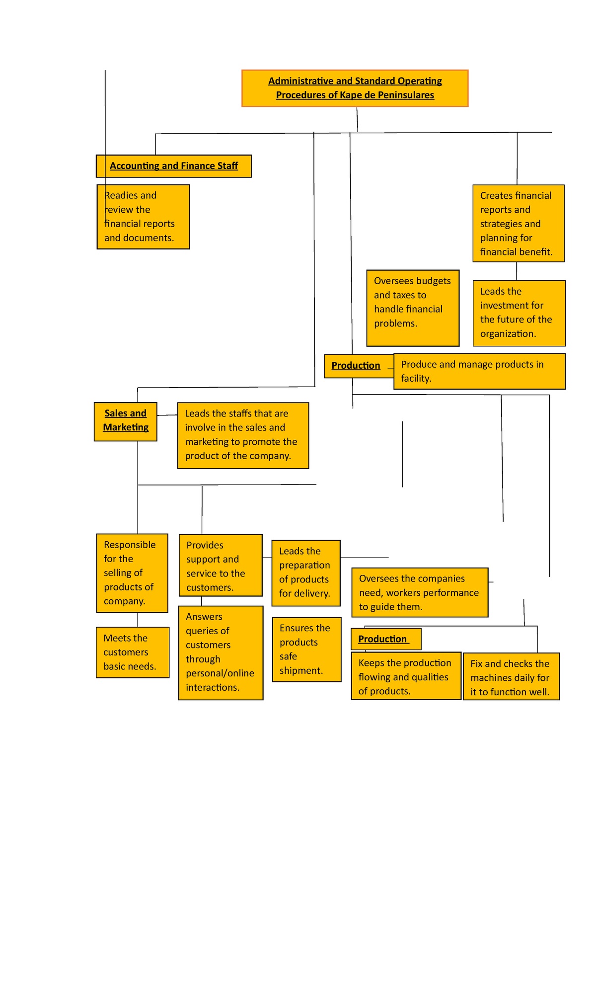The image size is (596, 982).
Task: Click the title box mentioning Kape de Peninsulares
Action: tap(355, 88)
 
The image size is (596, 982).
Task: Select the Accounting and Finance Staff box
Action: tap(174, 166)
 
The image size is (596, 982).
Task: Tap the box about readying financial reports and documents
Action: tap(143, 217)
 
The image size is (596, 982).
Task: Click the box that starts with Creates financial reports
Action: tap(518, 223)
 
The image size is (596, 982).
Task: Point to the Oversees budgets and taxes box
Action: tap(412, 308)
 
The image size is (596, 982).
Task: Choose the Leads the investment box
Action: tap(519, 313)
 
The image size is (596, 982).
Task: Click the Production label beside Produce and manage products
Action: tap(356, 366)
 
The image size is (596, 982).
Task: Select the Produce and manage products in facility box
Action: tap(479, 371)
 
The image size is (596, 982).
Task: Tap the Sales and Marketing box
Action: tap(126, 421)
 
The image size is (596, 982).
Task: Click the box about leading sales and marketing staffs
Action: tap(243, 435)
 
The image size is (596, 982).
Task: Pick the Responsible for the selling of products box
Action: tap(132, 573)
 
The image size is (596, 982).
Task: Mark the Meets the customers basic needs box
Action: tap(133, 652)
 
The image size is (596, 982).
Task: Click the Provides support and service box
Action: tap(220, 565)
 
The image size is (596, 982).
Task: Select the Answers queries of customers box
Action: tap(221, 652)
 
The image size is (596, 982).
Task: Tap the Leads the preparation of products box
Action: tap(306, 573)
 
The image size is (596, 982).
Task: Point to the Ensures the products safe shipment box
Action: tap(306, 649)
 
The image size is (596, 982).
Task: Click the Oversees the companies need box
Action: tap(419, 592)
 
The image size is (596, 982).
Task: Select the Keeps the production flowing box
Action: tap(405, 676)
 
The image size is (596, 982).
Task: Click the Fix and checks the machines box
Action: tap(511, 677)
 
